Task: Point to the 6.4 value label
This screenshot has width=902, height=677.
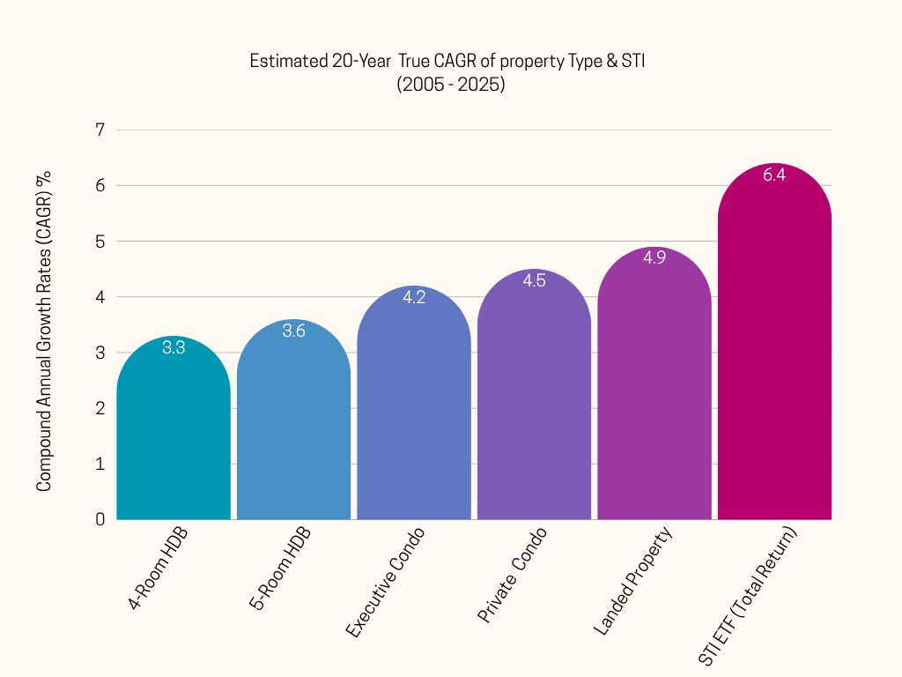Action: [x=774, y=175]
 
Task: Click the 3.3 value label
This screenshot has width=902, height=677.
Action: [x=174, y=347]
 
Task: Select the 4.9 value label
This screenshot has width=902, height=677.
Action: [x=654, y=258]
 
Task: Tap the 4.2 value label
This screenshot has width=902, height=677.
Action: [x=414, y=297]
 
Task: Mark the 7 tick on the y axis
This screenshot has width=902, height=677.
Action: [x=100, y=130]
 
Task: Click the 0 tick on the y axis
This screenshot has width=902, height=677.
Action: [x=100, y=519]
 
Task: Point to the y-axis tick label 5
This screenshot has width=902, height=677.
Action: [x=100, y=242]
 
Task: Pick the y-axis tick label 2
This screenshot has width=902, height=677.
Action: [x=100, y=408]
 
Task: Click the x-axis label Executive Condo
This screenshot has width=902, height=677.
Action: [x=385, y=583]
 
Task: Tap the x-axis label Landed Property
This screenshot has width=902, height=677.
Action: [x=632, y=582]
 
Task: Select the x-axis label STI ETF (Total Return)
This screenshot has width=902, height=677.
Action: [x=748, y=597]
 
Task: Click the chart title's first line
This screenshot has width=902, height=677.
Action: [x=448, y=62]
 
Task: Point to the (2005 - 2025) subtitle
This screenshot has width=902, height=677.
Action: [x=450, y=86]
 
